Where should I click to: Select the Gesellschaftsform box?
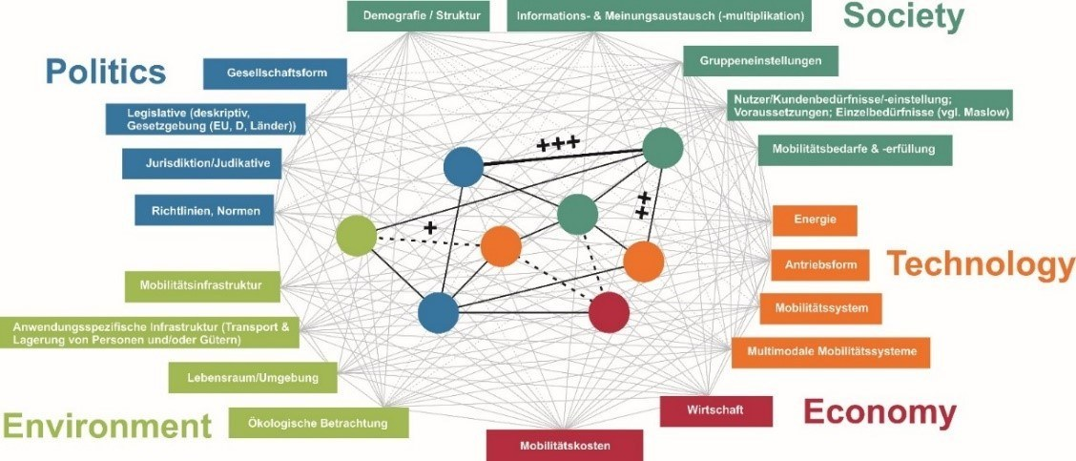[275, 73]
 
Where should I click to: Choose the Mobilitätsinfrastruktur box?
[202, 285]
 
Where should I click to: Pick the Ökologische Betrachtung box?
[319, 422]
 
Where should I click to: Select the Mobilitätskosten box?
[565, 445]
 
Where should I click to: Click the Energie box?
[814, 220]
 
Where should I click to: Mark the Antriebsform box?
[819, 264]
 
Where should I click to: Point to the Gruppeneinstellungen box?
[760, 61]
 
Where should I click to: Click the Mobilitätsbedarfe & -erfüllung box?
[854, 149]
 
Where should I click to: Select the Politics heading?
[106, 71]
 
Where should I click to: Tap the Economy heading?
[879, 412]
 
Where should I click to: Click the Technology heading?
[981, 264]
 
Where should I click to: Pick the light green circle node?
[357, 235]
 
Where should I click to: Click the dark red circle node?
[609, 312]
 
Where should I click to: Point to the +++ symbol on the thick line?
[558, 144]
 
